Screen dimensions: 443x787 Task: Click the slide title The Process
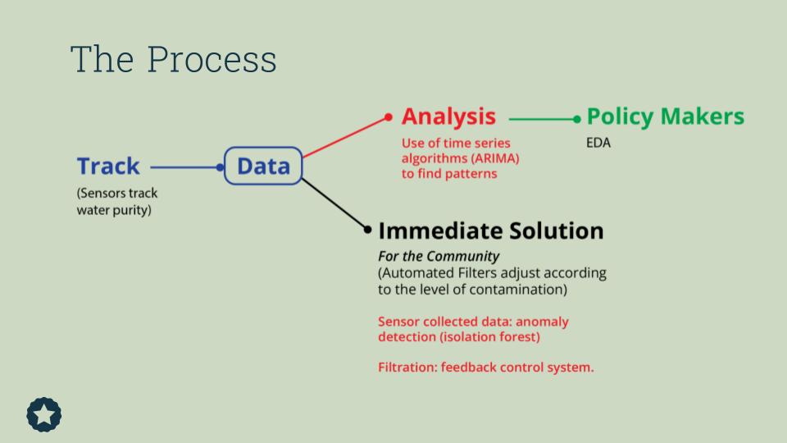point(173,60)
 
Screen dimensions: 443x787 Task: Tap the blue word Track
point(108,167)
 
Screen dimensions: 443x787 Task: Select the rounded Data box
point(263,167)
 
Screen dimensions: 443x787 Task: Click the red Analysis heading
point(448,116)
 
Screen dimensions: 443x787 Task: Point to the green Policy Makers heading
point(666,116)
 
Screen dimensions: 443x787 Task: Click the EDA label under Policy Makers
point(598,143)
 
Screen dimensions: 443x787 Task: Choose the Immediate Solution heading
point(490,231)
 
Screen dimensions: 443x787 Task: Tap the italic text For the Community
point(439,256)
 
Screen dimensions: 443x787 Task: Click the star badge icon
point(44,414)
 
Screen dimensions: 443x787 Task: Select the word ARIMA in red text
point(495,158)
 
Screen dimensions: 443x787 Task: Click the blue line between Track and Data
point(184,167)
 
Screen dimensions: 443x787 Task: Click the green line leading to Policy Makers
point(541,119)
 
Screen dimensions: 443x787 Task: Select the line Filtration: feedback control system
point(485,367)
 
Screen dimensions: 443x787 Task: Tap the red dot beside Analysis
point(389,117)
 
